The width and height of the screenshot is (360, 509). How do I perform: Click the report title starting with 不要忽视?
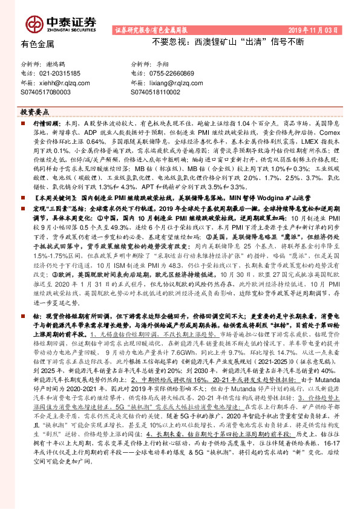[229, 44]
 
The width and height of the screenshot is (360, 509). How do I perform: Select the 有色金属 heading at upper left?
[38, 44]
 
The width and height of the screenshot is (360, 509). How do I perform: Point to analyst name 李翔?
[164, 63]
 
